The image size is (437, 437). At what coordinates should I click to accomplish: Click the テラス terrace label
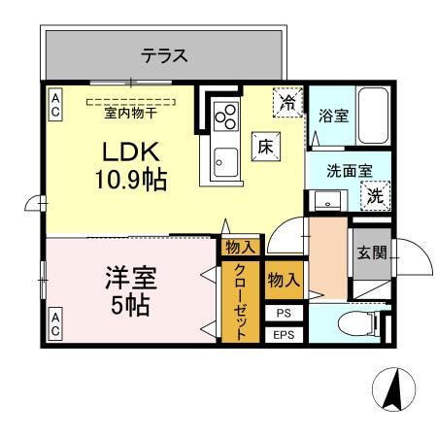tap(164, 56)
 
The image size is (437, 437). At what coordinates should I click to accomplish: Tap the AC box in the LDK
tap(55, 106)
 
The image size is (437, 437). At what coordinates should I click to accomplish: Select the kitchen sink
tap(225, 159)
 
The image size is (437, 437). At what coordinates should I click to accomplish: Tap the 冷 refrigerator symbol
tap(287, 100)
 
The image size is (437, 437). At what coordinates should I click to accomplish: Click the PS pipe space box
tap(283, 314)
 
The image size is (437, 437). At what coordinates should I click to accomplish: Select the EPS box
tap(283, 336)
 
